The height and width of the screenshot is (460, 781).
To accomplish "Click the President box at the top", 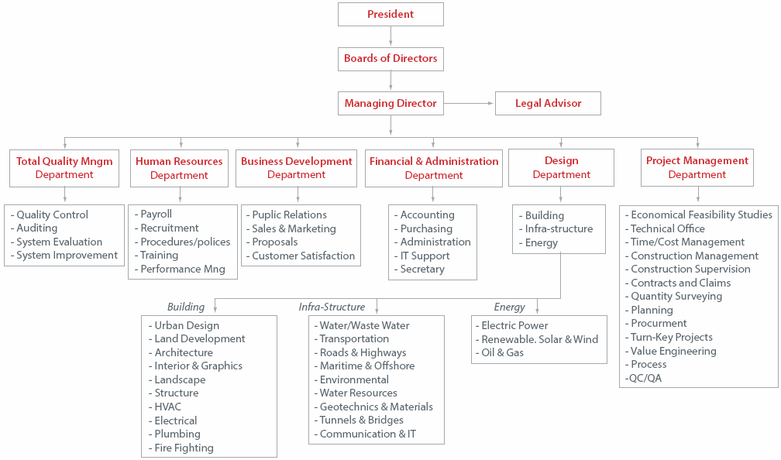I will click(x=390, y=14).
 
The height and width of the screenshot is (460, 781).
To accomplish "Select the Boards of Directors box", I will click(x=390, y=59).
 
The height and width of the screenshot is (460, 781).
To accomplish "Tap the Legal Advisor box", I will click(x=548, y=103).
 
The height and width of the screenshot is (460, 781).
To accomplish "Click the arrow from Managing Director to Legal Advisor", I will click(x=470, y=103).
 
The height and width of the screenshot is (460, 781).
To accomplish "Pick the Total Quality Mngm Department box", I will click(x=64, y=168).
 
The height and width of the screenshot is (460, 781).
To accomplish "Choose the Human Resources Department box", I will click(x=179, y=168).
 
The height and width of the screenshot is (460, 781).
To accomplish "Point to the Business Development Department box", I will click(x=296, y=168).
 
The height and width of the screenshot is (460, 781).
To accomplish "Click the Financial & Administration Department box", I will click(x=433, y=168).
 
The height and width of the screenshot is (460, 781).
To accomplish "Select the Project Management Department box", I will click(x=697, y=167).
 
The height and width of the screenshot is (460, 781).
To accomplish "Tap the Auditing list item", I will click(x=36, y=228).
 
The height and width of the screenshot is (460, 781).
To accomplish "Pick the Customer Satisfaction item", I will click(x=303, y=256).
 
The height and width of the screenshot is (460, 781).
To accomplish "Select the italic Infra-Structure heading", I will click(x=332, y=307).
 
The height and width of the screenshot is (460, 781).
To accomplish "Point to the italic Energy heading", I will click(x=509, y=307).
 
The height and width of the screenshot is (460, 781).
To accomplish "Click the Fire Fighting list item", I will click(x=184, y=448).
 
